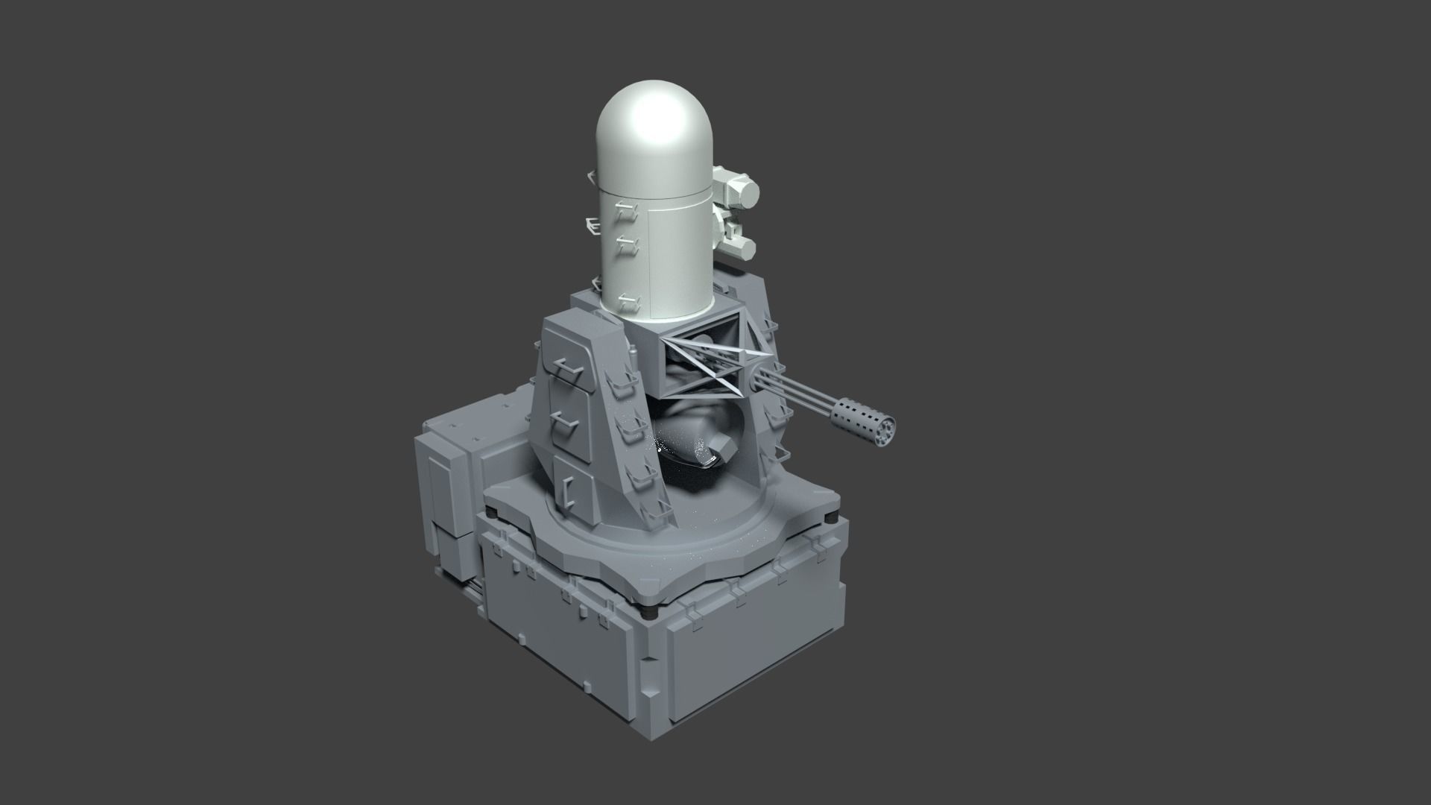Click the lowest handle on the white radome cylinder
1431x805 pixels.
point(630,301)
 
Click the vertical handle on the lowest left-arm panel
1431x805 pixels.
point(569,488)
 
